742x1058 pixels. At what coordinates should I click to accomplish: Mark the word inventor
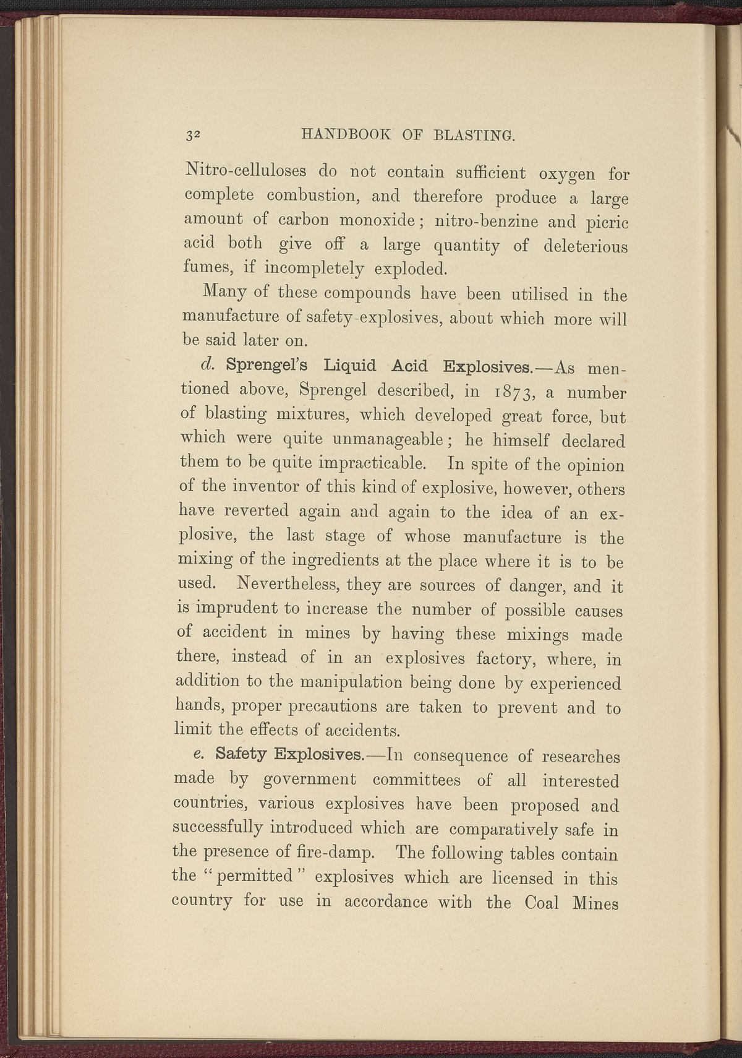tap(265, 488)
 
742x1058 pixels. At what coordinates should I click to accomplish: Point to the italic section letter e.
tap(198, 756)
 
